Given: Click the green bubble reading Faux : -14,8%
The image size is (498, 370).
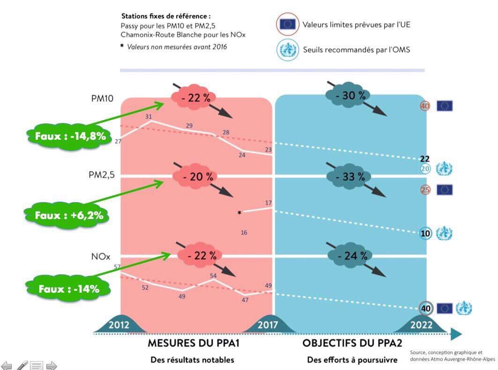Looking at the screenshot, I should tap(70, 136).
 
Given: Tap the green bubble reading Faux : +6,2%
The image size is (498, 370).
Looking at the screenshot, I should tap(69, 215).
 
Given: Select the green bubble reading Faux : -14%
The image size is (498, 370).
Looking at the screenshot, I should tap(69, 289).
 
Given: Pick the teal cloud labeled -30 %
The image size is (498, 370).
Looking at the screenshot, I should tap(347, 95).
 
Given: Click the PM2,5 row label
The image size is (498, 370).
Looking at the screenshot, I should tap(102, 175).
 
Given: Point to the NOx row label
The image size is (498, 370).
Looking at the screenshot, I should tap(100, 257).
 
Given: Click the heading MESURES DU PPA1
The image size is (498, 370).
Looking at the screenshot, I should tap(194, 343).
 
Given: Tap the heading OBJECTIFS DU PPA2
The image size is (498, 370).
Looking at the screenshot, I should tap(352, 343).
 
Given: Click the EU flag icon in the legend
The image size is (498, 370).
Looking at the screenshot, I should tap(287, 24).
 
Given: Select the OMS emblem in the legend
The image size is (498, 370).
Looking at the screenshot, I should tap(287, 49).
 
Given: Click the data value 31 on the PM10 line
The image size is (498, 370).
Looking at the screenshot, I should tap(149, 116).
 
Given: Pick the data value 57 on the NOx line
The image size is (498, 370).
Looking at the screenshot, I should tap(118, 267).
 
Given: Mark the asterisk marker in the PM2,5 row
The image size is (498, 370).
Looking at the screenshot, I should tap(239, 213).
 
